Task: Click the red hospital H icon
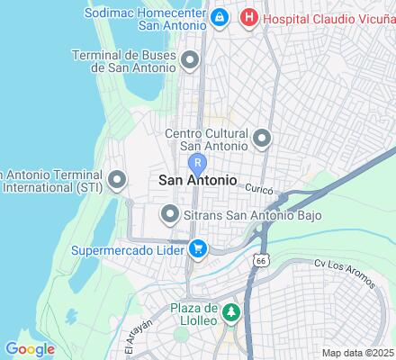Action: pyautogui.click(x=248, y=17)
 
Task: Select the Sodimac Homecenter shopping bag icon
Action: pyautogui.click(x=219, y=17)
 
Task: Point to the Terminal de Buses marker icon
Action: pyautogui.click(x=190, y=61)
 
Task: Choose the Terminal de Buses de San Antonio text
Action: pyautogui.click(x=125, y=61)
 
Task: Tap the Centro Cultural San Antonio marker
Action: pyautogui.click(x=262, y=139)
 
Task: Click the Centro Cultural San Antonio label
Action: pyautogui.click(x=206, y=139)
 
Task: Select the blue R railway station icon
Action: pyautogui.click(x=198, y=164)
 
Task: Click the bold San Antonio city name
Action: pyautogui.click(x=198, y=181)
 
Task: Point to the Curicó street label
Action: pyautogui.click(x=257, y=190)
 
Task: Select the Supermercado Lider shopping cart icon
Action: pyautogui.click(x=197, y=248)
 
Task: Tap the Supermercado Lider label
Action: pyautogui.click(x=128, y=248)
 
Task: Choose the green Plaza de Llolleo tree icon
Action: pyautogui.click(x=231, y=312)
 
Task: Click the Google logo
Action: pyautogui.click(x=30, y=349)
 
